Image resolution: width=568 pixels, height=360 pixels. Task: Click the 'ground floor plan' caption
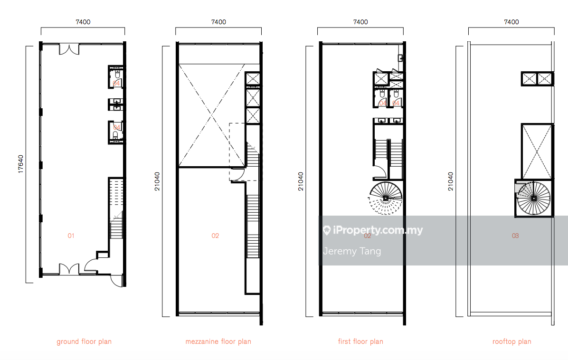84,341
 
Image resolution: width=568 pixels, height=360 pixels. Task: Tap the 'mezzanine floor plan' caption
218,341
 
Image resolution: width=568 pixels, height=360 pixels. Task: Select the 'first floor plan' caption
360,341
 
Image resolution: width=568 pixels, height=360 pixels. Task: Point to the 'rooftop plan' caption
511,341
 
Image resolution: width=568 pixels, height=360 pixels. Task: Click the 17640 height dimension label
20,164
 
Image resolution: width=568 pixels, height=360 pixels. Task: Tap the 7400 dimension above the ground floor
83,22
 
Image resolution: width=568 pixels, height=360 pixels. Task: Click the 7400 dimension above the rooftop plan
511,22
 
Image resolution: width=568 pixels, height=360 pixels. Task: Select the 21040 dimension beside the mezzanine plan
157,181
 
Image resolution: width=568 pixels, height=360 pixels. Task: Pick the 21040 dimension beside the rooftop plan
450,181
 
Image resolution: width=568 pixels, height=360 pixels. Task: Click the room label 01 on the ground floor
71,236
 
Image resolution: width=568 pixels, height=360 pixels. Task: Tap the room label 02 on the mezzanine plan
215,236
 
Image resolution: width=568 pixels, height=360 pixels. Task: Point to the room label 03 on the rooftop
515,236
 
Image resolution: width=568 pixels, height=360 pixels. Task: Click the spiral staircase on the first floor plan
386,198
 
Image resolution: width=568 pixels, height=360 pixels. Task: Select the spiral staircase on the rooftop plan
534,198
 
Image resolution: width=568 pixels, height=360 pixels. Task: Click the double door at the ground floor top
69,49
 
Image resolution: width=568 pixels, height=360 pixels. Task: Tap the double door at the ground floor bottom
69,269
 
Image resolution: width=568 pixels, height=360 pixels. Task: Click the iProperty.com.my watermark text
373,230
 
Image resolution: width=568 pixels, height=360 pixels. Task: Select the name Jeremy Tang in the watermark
352,251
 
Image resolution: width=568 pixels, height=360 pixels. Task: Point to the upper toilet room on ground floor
116,77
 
